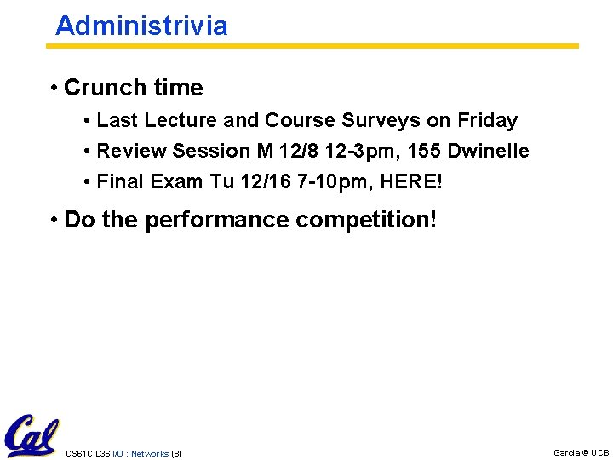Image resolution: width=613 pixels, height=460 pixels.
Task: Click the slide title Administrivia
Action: pyautogui.click(x=141, y=26)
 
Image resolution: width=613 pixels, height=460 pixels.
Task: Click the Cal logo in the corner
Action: pyautogui.click(x=31, y=436)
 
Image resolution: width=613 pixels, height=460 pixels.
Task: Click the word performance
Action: pyautogui.click(x=216, y=220)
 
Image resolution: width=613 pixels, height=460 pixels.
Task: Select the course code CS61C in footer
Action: pyautogui.click(x=77, y=453)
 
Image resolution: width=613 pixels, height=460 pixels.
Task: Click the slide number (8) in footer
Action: pyautogui.click(x=176, y=453)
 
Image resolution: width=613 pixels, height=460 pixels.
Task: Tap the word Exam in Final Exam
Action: pyautogui.click(x=176, y=181)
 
